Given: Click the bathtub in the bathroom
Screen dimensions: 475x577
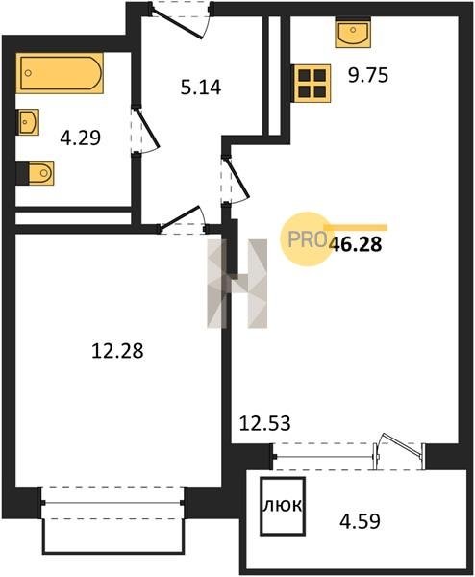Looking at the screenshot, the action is pos(60,73).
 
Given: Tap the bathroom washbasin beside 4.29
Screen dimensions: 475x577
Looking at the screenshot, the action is pos(28,122).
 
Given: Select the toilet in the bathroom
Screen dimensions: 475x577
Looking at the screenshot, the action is pos(36,173).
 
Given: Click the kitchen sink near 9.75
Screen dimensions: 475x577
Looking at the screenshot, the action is pos(353,33).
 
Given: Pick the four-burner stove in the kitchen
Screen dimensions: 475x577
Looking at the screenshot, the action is pos(312,83).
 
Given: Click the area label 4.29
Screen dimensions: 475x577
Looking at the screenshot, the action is pos(80,138).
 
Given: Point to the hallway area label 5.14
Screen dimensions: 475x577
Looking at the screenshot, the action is pos(201,88).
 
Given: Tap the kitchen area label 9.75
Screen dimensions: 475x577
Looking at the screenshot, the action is pos(368,75).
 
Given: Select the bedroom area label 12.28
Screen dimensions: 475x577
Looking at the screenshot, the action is pos(117,351).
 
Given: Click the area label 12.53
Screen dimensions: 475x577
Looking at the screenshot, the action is pos(265,423).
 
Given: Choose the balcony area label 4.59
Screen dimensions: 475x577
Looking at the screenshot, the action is pos(360,521).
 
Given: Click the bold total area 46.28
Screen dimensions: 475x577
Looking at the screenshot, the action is pos(356,244).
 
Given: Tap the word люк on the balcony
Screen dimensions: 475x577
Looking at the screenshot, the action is pos(283,506).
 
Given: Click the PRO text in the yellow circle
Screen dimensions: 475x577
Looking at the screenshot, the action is pos(308,239).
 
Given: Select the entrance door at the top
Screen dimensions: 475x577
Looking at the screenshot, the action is pos(177,23).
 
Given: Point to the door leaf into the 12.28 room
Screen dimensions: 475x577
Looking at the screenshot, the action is pos(179,218).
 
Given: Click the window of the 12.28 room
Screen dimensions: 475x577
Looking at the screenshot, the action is pos(112,502).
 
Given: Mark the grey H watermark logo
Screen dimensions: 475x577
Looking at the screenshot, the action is pos(237,284).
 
